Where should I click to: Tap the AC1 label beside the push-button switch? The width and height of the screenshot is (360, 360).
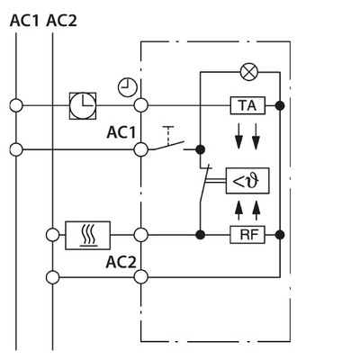[x=121, y=133]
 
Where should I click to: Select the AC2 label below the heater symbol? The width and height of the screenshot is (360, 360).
[x=121, y=263]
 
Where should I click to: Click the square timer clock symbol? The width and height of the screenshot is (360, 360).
[x=83, y=105]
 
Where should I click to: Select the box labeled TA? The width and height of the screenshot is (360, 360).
[x=247, y=105]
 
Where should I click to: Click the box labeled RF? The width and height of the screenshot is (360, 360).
[x=247, y=235]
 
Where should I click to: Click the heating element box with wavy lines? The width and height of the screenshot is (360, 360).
[x=88, y=235]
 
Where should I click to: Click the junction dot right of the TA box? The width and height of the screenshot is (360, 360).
[x=281, y=105]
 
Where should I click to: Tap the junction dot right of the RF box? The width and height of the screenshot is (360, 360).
[x=281, y=235]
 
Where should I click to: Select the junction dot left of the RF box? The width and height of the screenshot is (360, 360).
[x=200, y=235]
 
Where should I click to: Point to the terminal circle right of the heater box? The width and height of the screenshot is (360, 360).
[x=140, y=235]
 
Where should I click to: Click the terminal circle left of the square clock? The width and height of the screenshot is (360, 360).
[x=16, y=105]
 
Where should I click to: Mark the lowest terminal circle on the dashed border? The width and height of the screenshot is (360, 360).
[x=140, y=276]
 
